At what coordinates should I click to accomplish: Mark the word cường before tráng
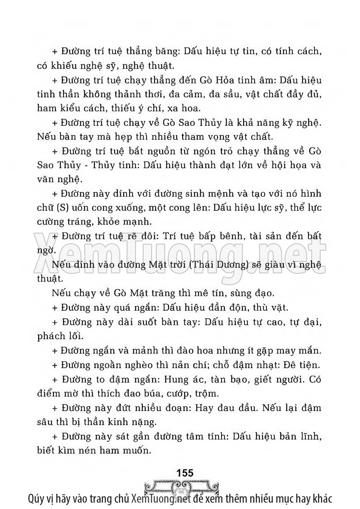coord(50,223)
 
